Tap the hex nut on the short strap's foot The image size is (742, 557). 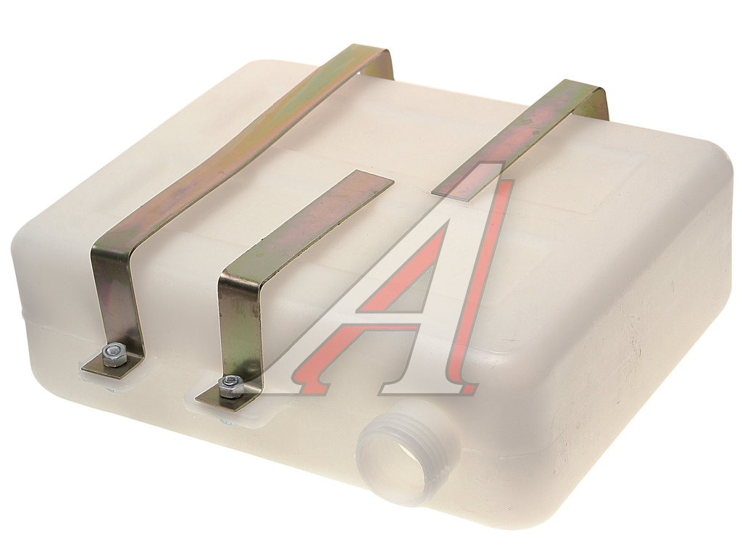(230, 385)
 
